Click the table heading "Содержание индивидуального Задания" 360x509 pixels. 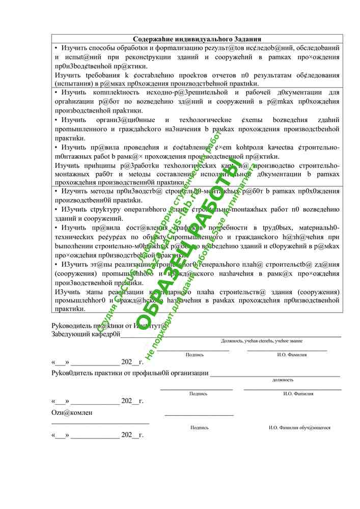(197, 39)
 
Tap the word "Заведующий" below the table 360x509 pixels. (68, 334)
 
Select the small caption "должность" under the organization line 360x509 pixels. (283, 380)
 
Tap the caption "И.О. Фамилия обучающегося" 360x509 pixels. (299, 428)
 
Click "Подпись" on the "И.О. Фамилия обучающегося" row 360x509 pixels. (199, 428)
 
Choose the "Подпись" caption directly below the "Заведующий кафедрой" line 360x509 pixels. (195, 354)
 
